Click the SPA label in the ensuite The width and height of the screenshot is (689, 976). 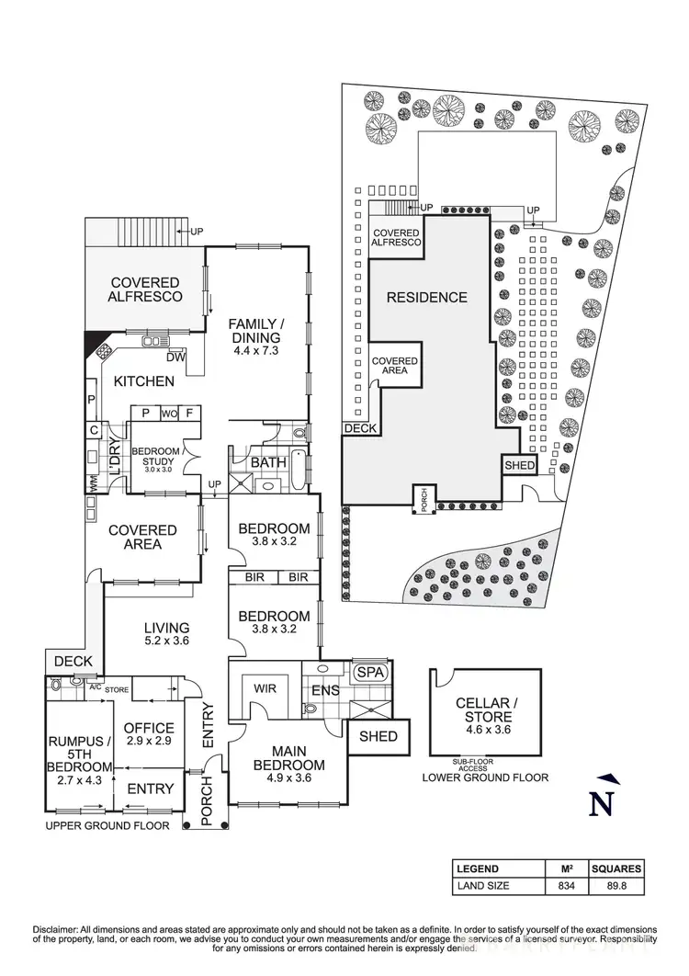(x=373, y=672)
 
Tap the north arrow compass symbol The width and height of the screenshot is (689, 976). (x=602, y=796)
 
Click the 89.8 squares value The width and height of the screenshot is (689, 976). (x=616, y=887)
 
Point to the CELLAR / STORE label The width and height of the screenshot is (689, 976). (x=486, y=710)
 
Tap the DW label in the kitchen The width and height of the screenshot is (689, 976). (x=176, y=357)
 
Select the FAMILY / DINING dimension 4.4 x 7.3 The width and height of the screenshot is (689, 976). (x=256, y=350)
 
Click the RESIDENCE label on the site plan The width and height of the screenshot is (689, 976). (x=426, y=297)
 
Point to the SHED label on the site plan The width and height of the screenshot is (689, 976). (x=519, y=466)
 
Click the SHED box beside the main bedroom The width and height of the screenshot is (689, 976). (x=378, y=736)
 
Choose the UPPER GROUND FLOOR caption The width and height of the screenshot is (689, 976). (x=107, y=826)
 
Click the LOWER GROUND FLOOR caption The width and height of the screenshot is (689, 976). (x=485, y=777)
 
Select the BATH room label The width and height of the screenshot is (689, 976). (x=268, y=463)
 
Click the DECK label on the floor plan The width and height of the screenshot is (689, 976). (x=73, y=661)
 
